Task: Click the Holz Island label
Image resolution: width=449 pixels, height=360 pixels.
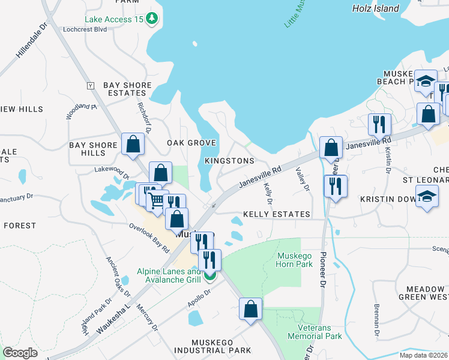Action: [376, 8]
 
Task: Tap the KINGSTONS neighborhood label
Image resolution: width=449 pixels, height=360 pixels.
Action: [229, 161]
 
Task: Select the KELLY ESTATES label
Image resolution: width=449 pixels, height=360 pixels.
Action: [276, 214]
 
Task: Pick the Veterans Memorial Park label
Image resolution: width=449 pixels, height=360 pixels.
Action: [320, 332]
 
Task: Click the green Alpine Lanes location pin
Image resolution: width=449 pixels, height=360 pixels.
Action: [209, 275]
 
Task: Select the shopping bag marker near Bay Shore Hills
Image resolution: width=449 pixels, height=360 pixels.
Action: [133, 144]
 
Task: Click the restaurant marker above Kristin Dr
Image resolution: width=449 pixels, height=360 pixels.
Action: [379, 124]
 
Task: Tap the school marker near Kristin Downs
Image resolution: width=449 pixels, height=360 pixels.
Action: [427, 198]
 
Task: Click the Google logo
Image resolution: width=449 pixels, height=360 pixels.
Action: [20, 353]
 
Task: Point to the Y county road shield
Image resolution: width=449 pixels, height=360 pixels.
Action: [91, 86]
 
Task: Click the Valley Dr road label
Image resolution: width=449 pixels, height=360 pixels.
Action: [302, 179]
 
